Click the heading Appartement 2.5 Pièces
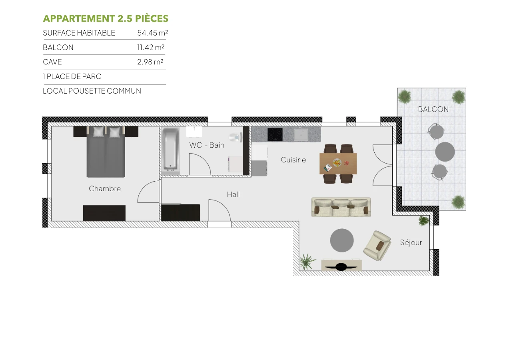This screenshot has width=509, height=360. pos(106,19)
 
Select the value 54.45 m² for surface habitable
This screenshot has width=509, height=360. pos(152,33)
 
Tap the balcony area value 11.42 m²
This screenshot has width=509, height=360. pos(151,47)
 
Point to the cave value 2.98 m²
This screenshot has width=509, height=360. pos(150,62)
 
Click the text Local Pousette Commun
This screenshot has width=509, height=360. pos(92,91)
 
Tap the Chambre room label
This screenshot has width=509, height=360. pos(105,189)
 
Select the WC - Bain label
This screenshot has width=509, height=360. pos(207,145)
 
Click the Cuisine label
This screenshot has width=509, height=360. pos(293,160)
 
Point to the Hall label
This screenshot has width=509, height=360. pos(233,194)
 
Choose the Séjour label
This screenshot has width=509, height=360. pos(411,242)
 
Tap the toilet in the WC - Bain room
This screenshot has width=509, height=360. pos(236,137)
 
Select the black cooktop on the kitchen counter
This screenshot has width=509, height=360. pos(275,134)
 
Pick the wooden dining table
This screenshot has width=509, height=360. pos(338,163)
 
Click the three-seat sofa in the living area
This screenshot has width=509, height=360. pos(341,207)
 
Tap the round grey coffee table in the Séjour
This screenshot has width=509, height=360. pos(342,240)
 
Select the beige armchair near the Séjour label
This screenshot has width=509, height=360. pos(377,246)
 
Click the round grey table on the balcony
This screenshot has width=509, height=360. pos(445,152)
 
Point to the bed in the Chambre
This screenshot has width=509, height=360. pos(106,152)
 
